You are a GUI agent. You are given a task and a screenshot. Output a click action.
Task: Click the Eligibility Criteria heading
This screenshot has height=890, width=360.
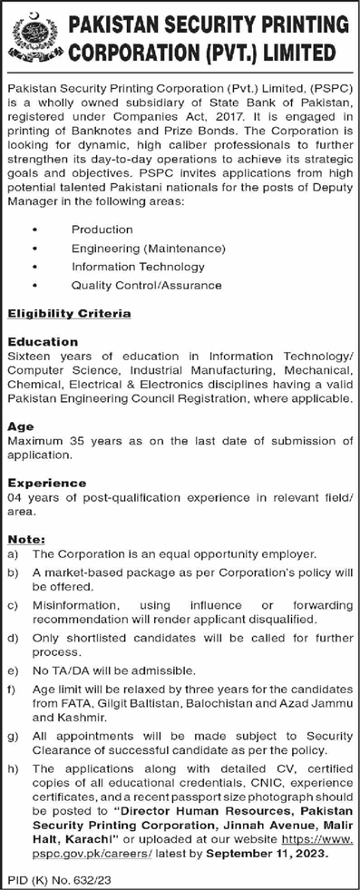[69, 314]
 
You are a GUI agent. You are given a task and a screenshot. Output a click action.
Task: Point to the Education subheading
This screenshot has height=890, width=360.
[43, 342]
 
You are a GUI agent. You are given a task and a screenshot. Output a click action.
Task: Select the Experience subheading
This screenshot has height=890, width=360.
[46, 484]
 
